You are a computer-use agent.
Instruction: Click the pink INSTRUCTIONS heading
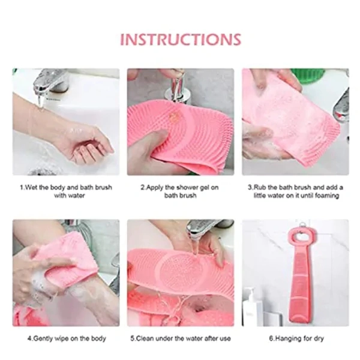coord(181,40)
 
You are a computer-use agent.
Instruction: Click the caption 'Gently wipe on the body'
coord(67,338)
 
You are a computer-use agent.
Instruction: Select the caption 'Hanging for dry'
coord(296,338)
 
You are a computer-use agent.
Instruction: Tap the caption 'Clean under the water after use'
coord(181,338)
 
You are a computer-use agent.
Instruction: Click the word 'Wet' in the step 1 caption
coord(31,187)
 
